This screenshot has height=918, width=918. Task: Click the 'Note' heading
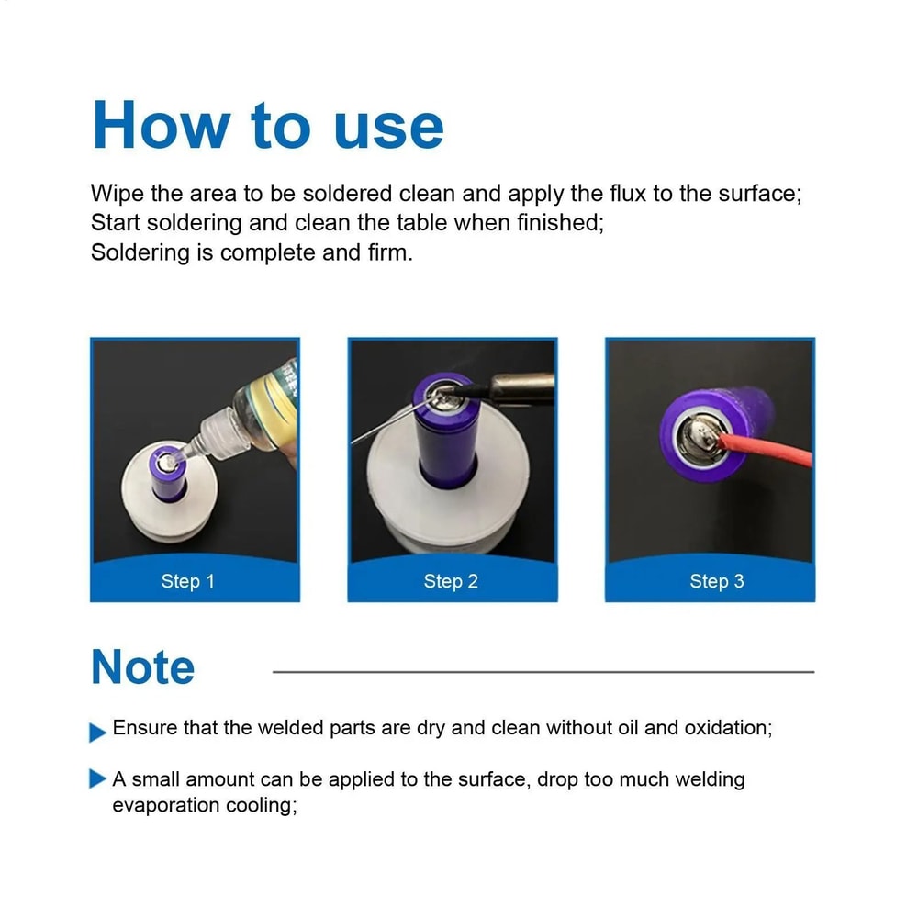click(143, 667)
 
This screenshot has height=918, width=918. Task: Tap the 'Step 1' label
click(187, 581)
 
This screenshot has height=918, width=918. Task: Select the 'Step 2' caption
click(451, 581)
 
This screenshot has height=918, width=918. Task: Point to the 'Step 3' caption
click(717, 581)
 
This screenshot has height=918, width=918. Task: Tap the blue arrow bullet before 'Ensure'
click(97, 732)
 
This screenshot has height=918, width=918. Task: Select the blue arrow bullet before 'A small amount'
click(97, 780)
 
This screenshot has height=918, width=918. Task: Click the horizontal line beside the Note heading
click(543, 672)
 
